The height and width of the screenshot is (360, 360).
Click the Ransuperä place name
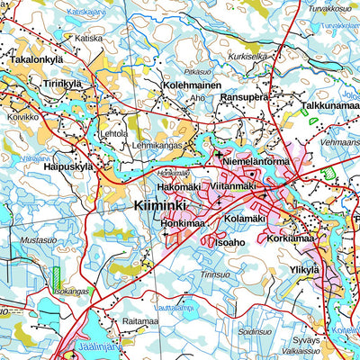(x=246, y=96)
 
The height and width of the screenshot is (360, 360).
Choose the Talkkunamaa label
(x=329, y=105)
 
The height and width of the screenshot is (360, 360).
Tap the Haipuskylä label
(x=62, y=166)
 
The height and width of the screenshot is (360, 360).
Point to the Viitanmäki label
(x=233, y=186)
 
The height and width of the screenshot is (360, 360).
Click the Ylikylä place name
(x=303, y=269)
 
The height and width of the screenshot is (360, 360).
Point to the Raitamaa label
(x=140, y=320)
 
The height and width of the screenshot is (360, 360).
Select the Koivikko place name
(x=24, y=116)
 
